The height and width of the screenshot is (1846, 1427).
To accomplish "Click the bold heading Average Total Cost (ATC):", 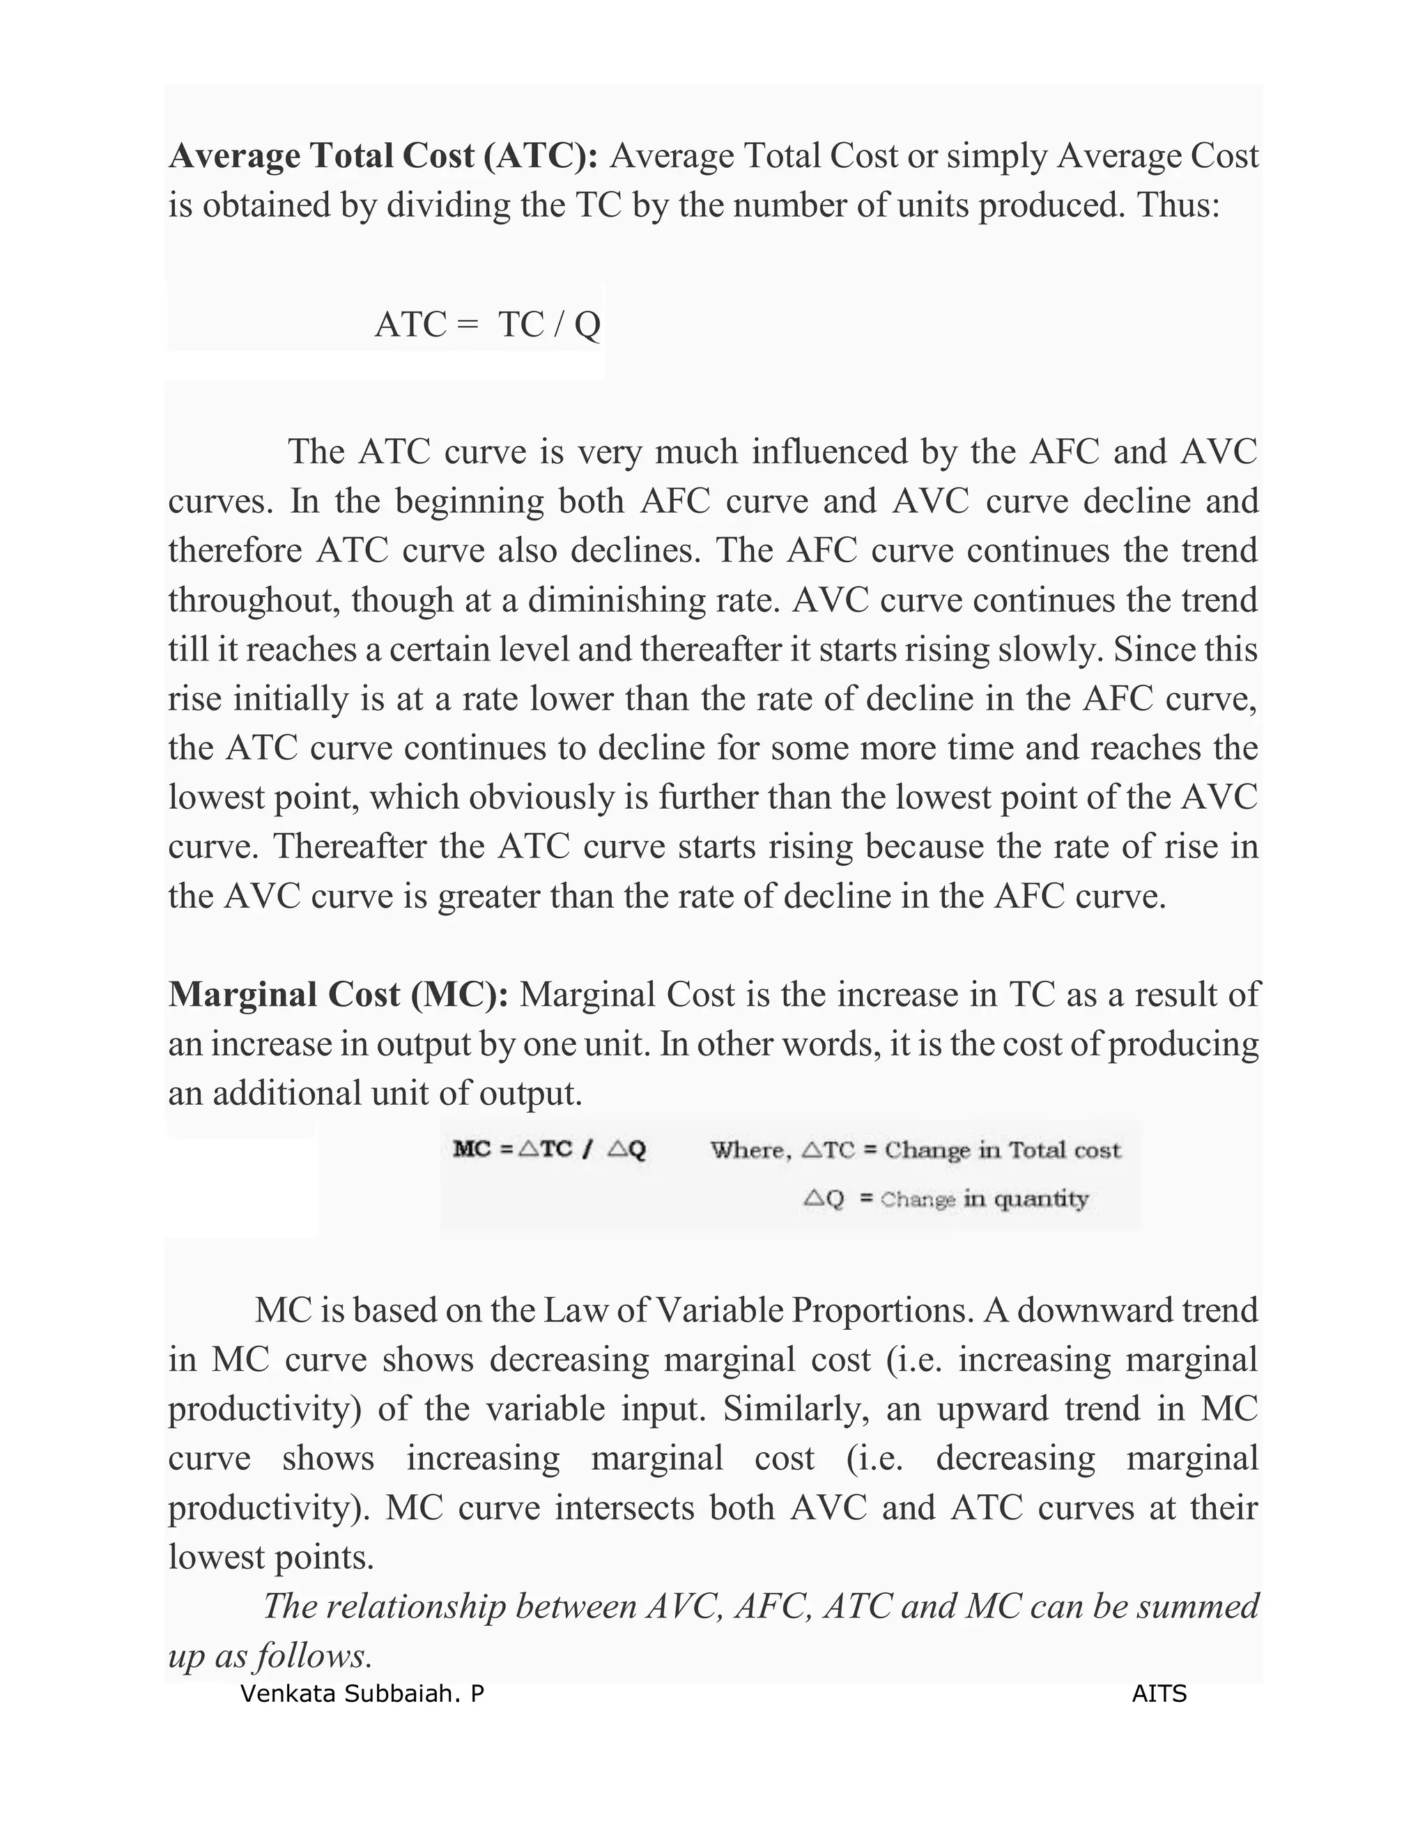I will [x=384, y=156].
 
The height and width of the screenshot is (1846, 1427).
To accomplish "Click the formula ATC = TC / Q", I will [x=488, y=325].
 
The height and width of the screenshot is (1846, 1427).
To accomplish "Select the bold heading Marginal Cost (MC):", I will [x=338, y=995].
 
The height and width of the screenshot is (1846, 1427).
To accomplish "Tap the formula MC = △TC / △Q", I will [x=550, y=1149].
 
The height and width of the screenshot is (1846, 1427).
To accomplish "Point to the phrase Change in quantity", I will [x=984, y=1199].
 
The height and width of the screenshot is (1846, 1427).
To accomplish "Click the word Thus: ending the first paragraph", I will [x=1180, y=205].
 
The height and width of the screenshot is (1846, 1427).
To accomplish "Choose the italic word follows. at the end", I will [x=314, y=1656].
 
